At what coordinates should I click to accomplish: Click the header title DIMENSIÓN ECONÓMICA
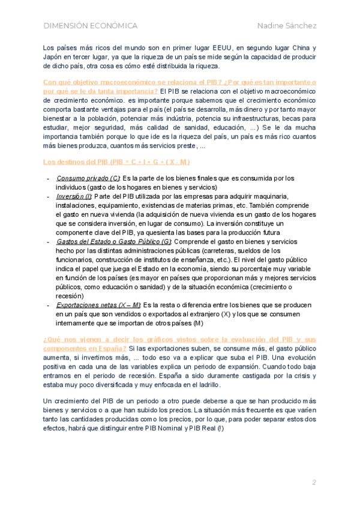[91, 26]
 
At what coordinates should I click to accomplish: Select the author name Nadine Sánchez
[287, 26]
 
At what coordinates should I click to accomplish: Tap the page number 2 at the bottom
[314, 483]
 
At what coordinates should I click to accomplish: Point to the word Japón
[55, 57]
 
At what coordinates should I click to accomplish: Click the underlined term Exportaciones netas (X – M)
[99, 305]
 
